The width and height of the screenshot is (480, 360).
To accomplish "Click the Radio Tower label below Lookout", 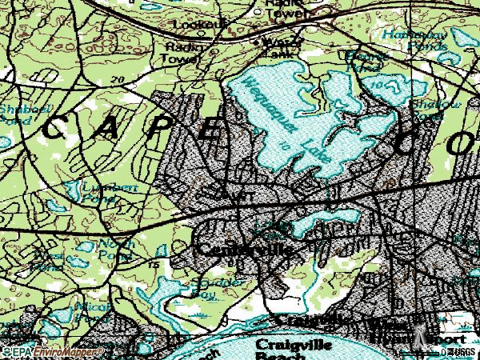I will (x=180, y=52).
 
